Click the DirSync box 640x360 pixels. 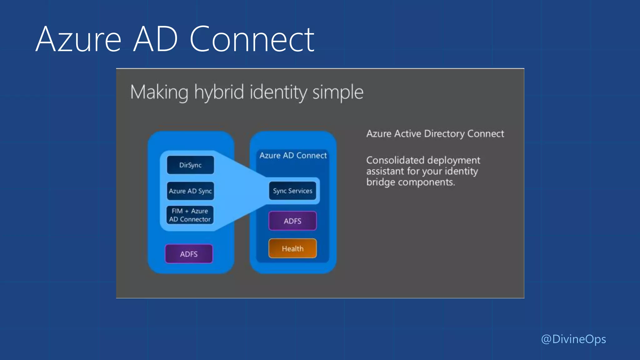pos(190,165)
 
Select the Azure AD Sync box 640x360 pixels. pos(190,191)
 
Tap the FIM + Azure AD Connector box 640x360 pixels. pos(190,215)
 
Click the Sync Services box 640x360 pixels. pos(292,191)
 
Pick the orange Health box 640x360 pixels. pos(292,248)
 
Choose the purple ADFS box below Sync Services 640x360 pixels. pos(292,221)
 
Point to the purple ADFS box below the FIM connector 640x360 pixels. pos(189,254)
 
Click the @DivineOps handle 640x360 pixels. pos(573,339)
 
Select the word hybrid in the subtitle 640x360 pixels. pos(219,92)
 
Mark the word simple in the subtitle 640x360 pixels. pos(338,92)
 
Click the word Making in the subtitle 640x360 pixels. pos(159,92)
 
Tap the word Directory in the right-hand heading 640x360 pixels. pos(444,134)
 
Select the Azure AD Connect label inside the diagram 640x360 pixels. pos(293,155)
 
